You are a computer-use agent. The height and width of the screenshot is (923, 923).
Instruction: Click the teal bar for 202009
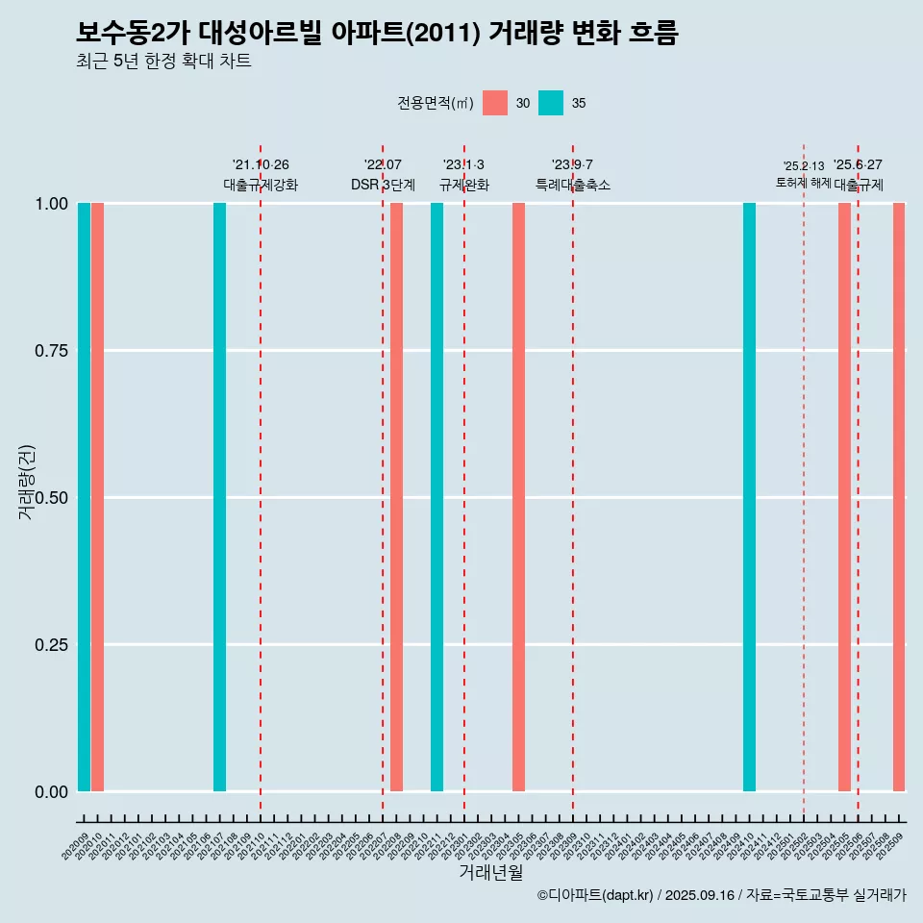coord(84,497)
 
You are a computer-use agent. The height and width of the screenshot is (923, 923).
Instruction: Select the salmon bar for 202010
coord(97,497)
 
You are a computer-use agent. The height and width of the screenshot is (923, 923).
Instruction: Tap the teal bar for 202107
coord(219,497)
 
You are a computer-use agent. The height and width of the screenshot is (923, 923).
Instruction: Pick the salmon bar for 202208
coord(396,497)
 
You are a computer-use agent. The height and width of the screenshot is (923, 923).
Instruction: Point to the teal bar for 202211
coord(437,497)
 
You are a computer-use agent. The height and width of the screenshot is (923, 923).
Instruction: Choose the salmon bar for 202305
coord(518,497)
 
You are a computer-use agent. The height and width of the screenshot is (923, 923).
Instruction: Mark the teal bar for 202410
coord(749,497)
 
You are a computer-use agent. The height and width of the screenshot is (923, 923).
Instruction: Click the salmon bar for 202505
coord(844,497)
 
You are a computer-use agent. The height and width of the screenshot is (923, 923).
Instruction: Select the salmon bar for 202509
coord(899,497)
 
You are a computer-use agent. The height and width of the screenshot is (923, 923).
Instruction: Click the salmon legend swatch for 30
coord(495,103)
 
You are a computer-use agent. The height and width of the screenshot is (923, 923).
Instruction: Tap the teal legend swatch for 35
coord(551,103)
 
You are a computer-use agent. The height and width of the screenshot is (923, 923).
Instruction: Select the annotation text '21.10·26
coord(261,164)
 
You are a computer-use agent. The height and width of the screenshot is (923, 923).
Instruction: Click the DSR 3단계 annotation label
coord(383,185)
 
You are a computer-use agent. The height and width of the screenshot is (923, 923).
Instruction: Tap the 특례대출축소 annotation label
coord(573,185)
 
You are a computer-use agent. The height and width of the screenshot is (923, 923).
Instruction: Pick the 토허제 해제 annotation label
coord(804,183)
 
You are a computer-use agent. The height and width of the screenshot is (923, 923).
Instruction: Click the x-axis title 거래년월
coord(490,872)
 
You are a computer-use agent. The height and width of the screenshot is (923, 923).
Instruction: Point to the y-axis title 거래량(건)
coord(27,481)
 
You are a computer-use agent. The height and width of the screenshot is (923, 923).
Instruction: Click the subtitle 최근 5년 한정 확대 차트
coord(163,62)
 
